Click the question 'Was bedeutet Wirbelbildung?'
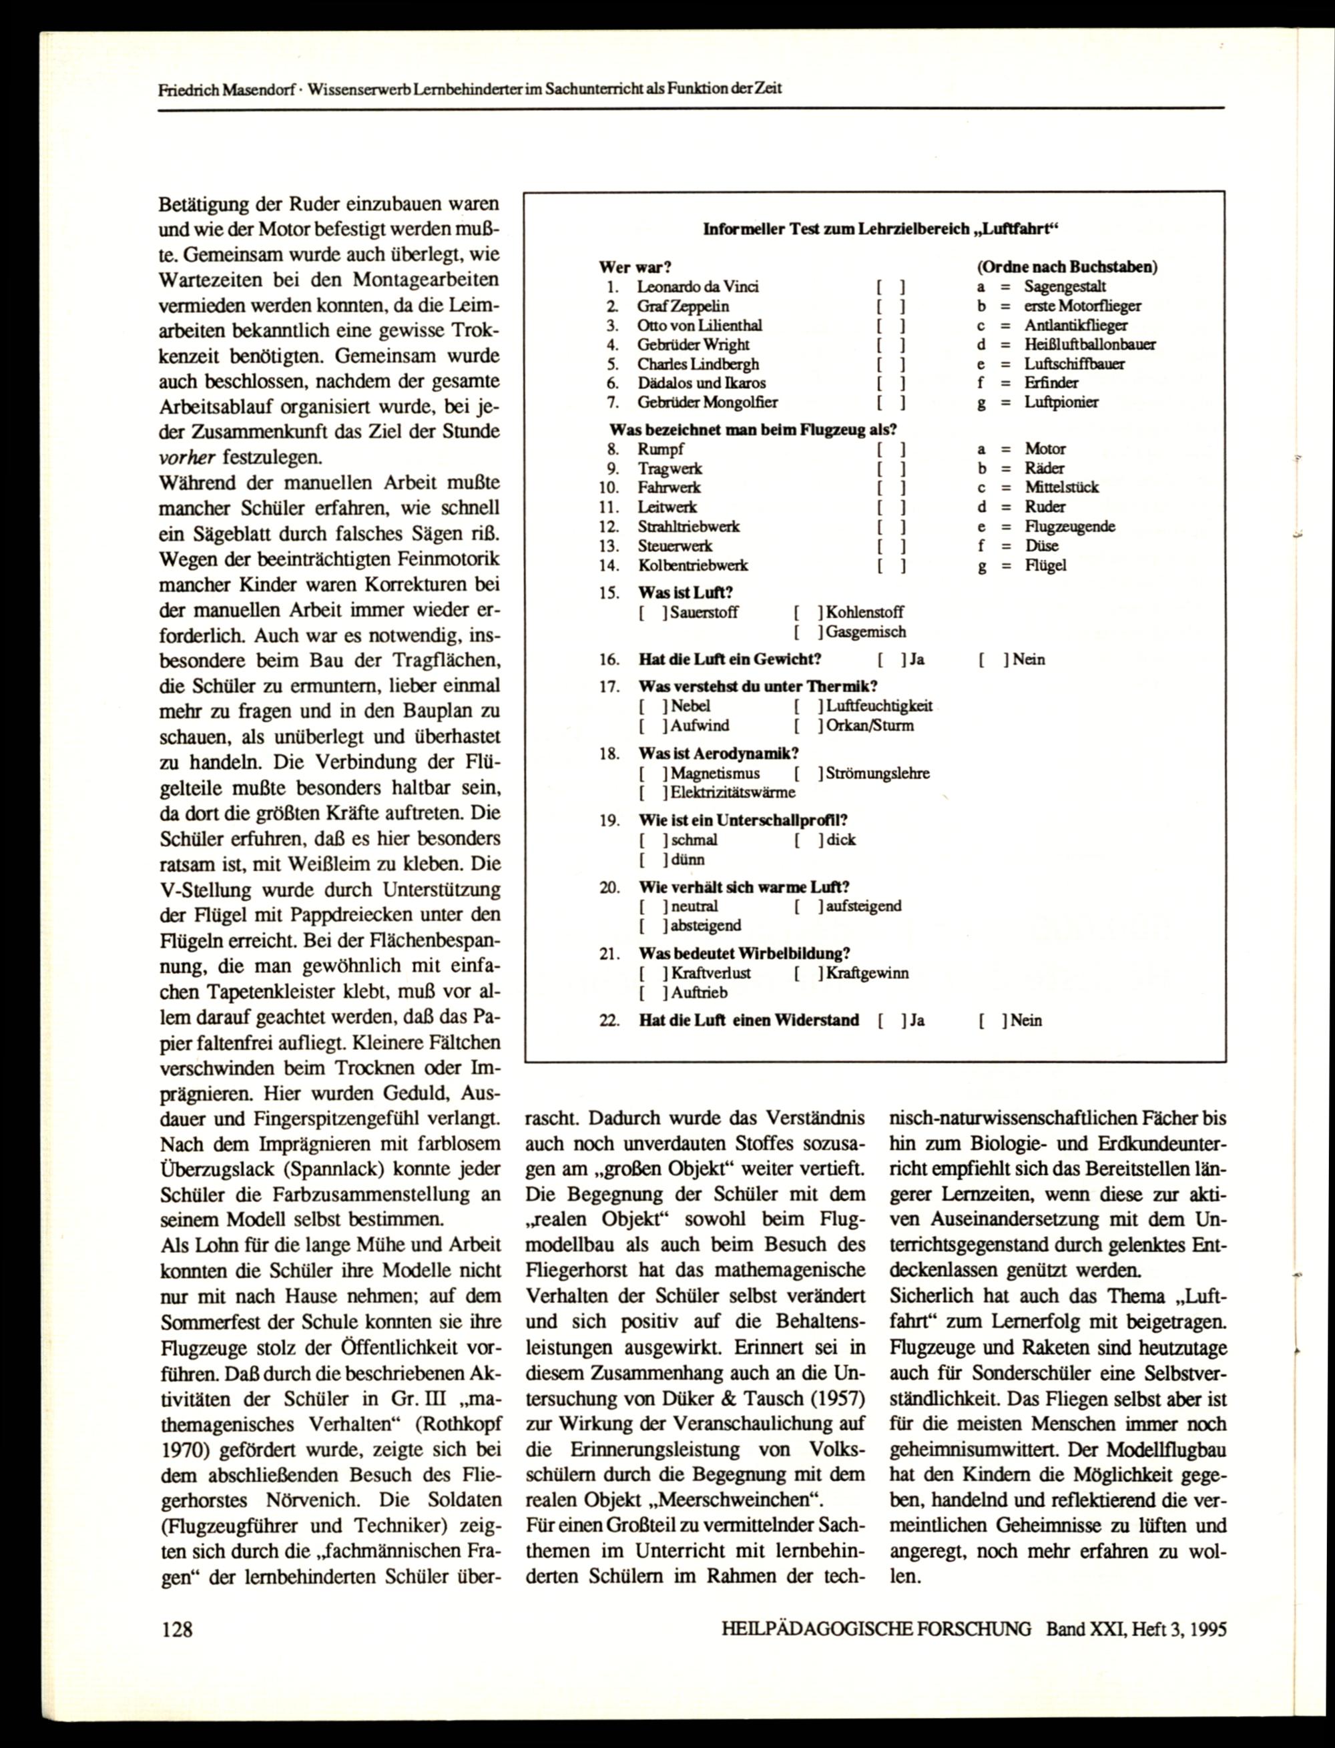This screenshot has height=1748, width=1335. [744, 954]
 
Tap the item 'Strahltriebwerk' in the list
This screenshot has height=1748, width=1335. [688, 527]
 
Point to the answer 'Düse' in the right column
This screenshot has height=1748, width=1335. [1041, 546]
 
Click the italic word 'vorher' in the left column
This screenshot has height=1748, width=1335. [188, 458]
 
